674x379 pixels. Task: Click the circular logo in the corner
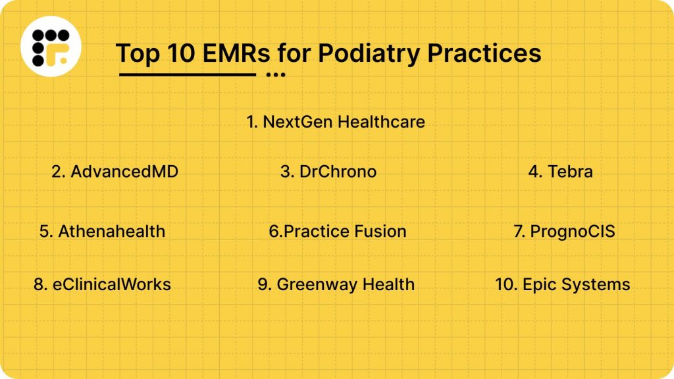(50, 47)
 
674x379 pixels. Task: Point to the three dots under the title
(276, 75)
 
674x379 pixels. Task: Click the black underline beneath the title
(187, 75)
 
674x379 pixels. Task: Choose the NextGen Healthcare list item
(336, 122)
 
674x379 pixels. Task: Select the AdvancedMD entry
(115, 172)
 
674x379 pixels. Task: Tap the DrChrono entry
(328, 172)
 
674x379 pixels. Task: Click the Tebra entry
(561, 172)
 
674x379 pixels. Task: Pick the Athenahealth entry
(102, 231)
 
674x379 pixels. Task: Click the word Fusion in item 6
(380, 231)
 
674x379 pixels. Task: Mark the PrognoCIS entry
(564, 231)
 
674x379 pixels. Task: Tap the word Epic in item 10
(536, 285)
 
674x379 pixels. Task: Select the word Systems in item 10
(594, 285)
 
